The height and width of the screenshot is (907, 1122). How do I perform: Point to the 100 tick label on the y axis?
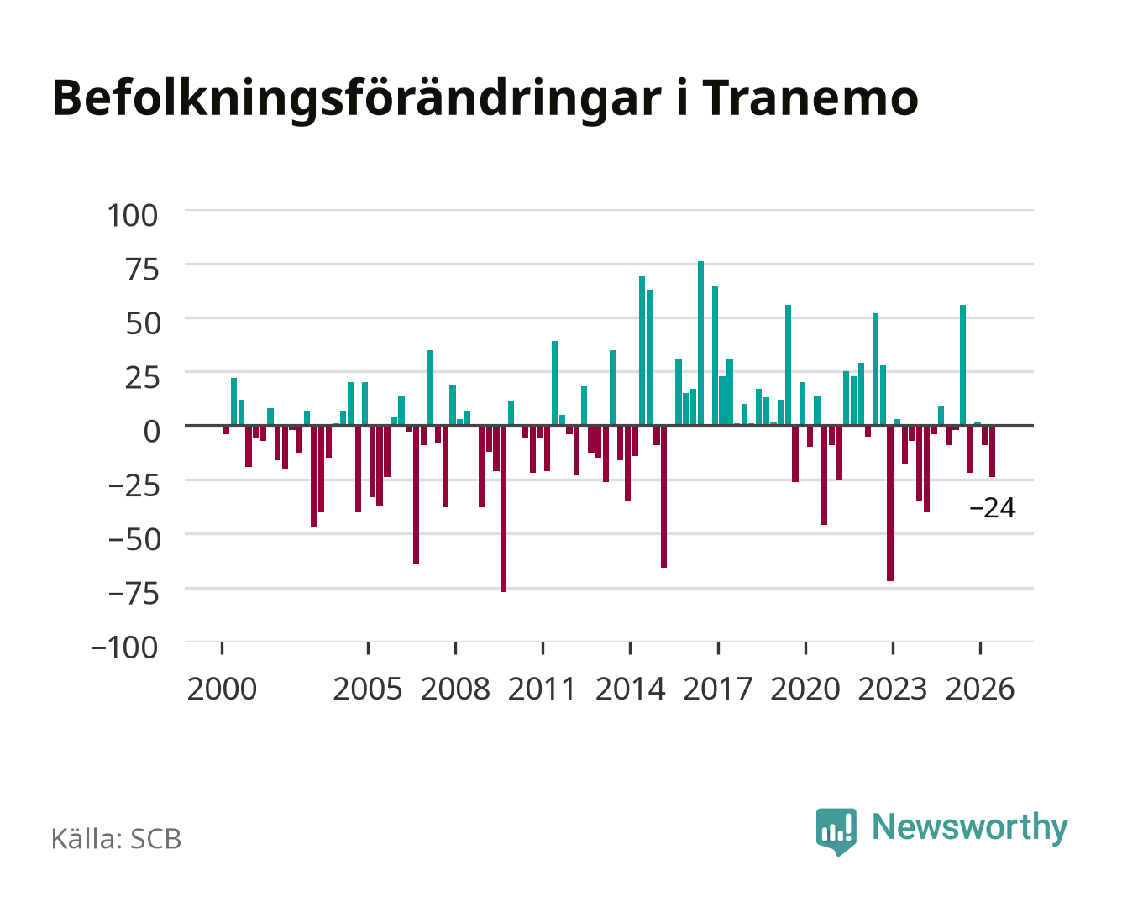tap(132, 216)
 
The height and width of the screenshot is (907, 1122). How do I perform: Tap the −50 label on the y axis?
tap(134, 539)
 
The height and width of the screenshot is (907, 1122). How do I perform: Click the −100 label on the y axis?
tap(124, 647)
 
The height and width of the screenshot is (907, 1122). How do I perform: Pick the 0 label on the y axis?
tap(152, 431)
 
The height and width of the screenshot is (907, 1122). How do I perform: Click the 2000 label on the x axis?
tap(222, 689)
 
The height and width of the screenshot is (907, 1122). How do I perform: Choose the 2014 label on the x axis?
tap(630, 689)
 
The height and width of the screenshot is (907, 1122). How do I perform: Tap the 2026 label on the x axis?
tap(980, 689)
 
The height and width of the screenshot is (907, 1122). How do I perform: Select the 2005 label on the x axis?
tap(368, 689)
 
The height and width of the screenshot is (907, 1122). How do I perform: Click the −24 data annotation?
tap(993, 508)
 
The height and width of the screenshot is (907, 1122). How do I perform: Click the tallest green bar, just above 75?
tap(700, 343)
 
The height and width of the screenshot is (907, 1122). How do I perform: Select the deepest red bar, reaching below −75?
tap(503, 509)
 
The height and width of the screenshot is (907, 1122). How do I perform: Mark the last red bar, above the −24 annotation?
tap(992, 451)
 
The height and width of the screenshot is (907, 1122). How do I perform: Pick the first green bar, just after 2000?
tap(233, 401)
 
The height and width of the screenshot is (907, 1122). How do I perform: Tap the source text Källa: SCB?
tap(117, 838)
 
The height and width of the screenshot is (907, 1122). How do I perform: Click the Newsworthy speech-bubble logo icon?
tap(836, 831)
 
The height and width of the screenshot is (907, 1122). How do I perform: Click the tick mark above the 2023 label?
tap(893, 648)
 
